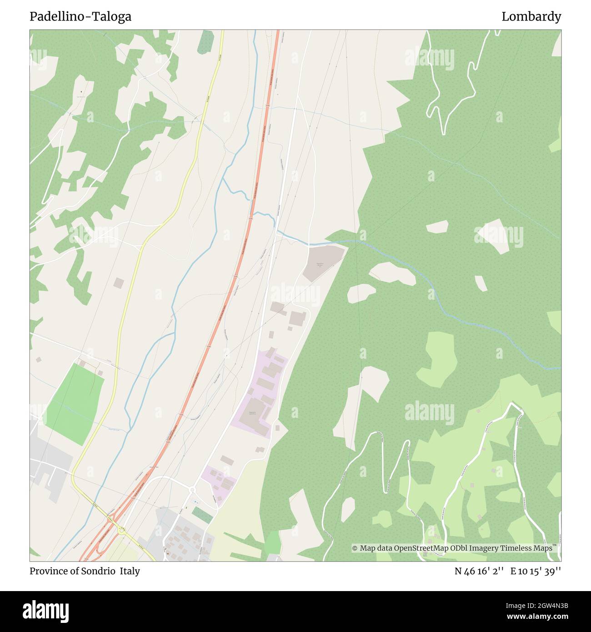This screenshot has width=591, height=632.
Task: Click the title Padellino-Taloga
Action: pos(80,17)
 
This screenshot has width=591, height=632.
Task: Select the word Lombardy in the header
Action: pos(531,17)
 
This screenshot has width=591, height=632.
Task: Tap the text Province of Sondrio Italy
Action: pos(85,571)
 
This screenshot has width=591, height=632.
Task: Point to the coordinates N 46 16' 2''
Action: pos(479,571)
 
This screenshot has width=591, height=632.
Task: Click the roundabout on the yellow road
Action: pos(121,530)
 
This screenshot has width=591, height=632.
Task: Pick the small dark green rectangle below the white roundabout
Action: pos(202,515)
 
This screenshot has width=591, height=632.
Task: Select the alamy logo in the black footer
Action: pos(46,611)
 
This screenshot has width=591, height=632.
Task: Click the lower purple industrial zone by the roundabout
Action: pos(218,483)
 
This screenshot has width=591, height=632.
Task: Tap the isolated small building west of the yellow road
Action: pos(119,283)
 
